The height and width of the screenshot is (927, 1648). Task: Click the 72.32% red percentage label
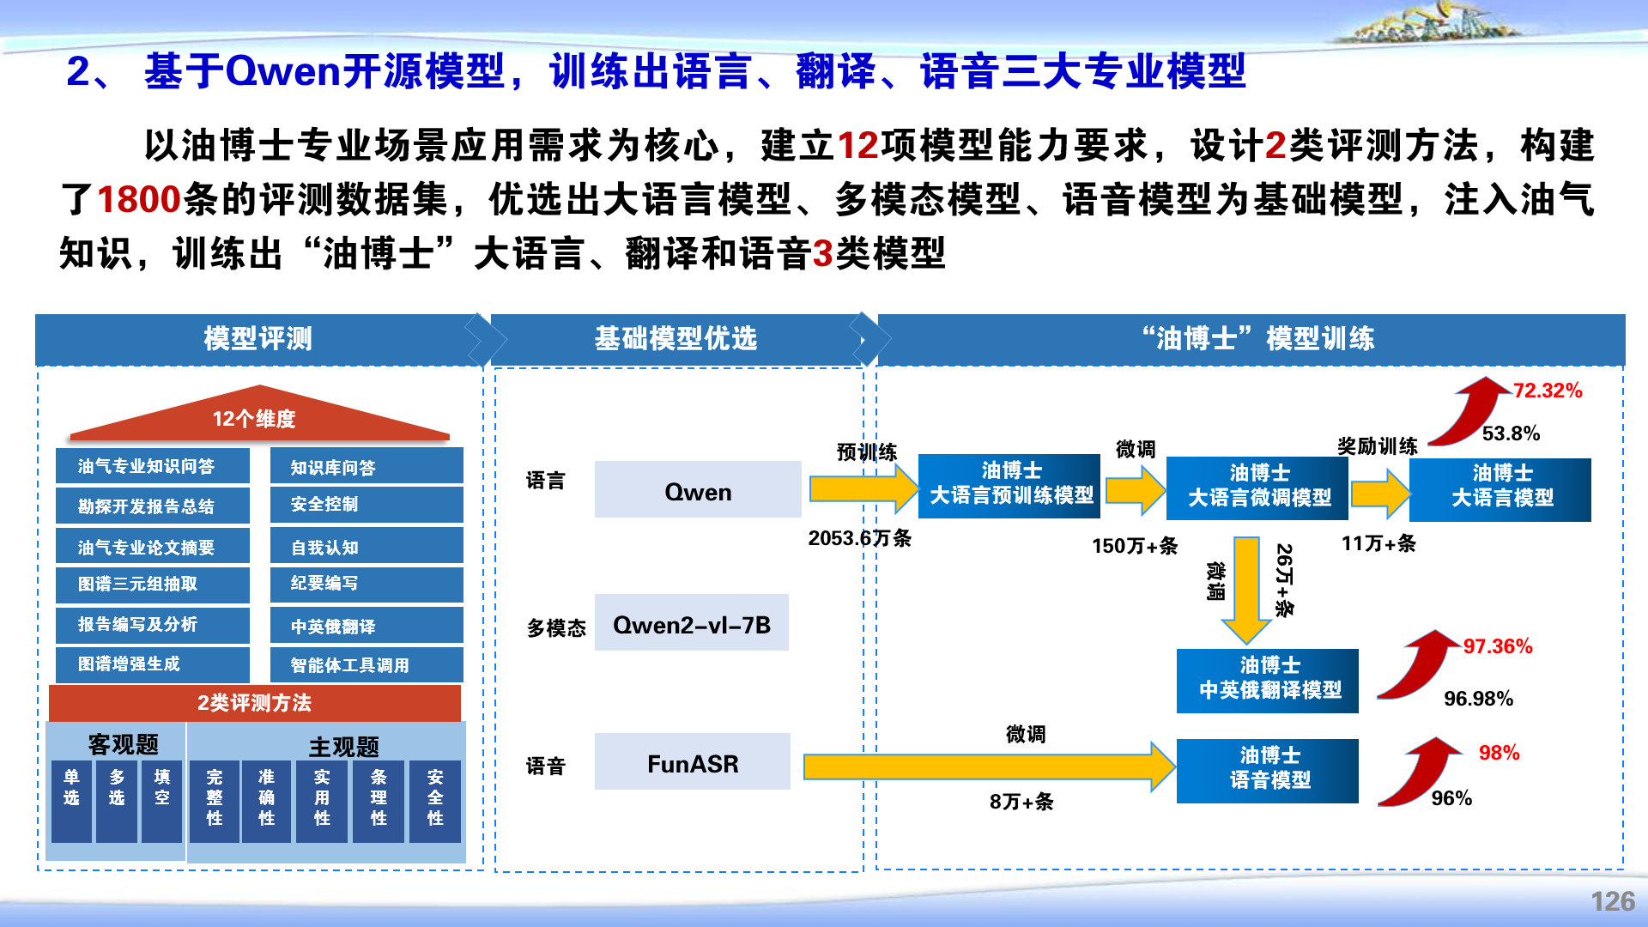pos(1548,391)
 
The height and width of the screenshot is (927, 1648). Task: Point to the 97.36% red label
pos(1498,646)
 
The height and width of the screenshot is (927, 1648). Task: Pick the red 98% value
pos(1499,753)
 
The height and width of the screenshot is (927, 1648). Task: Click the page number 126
pos(1613,901)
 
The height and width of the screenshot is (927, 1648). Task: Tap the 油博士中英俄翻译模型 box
pos(1268,681)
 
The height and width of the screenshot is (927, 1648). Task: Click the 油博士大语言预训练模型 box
pos(1009,486)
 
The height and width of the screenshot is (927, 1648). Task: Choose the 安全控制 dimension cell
pos(367,504)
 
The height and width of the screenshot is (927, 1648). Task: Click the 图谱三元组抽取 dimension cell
pos(153,585)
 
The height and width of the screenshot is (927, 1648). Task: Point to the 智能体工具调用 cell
pos(367,665)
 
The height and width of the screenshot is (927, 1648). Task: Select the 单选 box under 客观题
pos(71,801)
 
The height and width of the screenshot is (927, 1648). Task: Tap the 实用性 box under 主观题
pos(322,801)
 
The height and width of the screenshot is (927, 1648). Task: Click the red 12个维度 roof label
pos(254,419)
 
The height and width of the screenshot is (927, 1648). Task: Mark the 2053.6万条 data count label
pos(860,538)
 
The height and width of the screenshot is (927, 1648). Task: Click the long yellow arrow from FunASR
pos(989,766)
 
